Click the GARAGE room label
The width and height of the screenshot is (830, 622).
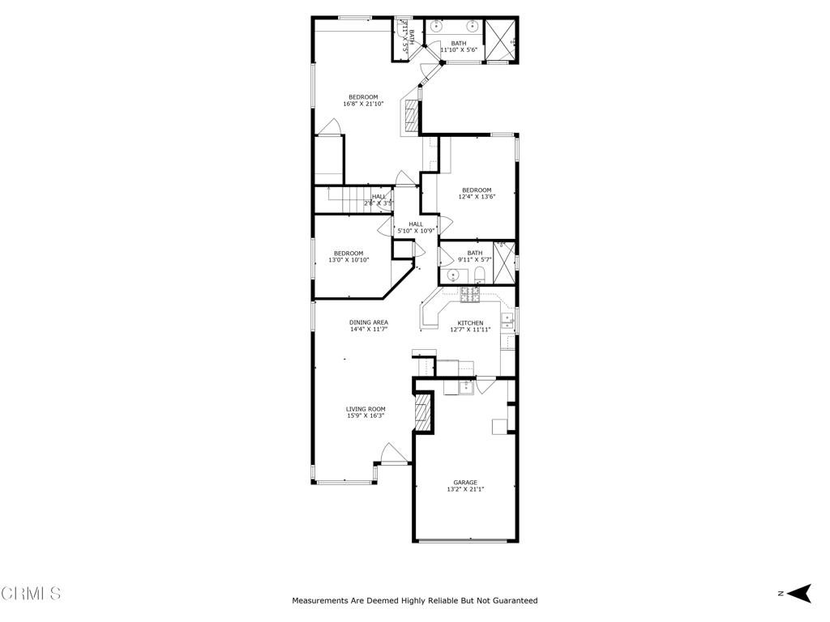tap(465, 483)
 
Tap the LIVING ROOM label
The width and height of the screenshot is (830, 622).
tap(366, 409)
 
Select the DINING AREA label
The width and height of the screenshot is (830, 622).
tap(369, 322)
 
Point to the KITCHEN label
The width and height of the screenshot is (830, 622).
tap(471, 323)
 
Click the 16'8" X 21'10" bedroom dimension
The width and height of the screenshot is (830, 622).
tap(363, 104)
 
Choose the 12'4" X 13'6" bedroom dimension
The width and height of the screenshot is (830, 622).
tap(477, 197)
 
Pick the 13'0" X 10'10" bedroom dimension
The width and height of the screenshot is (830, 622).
tap(349, 260)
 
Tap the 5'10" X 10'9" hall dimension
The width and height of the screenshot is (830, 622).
tap(416, 231)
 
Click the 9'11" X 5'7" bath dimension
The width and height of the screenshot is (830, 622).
tap(475, 259)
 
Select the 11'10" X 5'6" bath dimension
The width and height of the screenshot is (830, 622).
tap(459, 49)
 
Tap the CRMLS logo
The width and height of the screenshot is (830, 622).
tap(31, 594)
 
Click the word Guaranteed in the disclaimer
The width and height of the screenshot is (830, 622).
tap(511, 601)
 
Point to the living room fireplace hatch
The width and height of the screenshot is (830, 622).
tap(422, 412)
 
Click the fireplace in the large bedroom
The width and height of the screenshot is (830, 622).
tap(413, 116)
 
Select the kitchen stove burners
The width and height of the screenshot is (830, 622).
tap(470, 295)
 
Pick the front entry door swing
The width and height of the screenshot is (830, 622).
tap(392, 454)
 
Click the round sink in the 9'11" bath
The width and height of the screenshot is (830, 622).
tap(453, 275)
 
